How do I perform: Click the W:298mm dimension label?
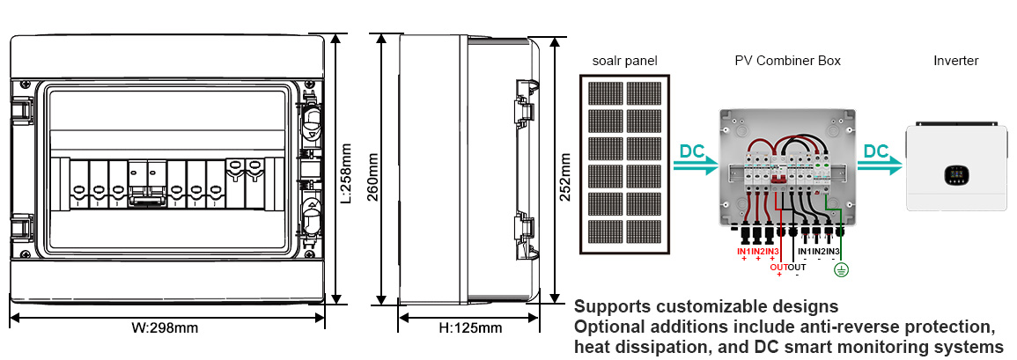[x=165, y=328]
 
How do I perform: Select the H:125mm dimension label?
[x=470, y=328]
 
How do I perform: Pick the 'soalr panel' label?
[x=625, y=61]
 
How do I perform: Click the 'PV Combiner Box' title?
[x=787, y=61]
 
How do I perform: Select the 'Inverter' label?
[x=955, y=61]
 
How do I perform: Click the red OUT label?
[x=778, y=267]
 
